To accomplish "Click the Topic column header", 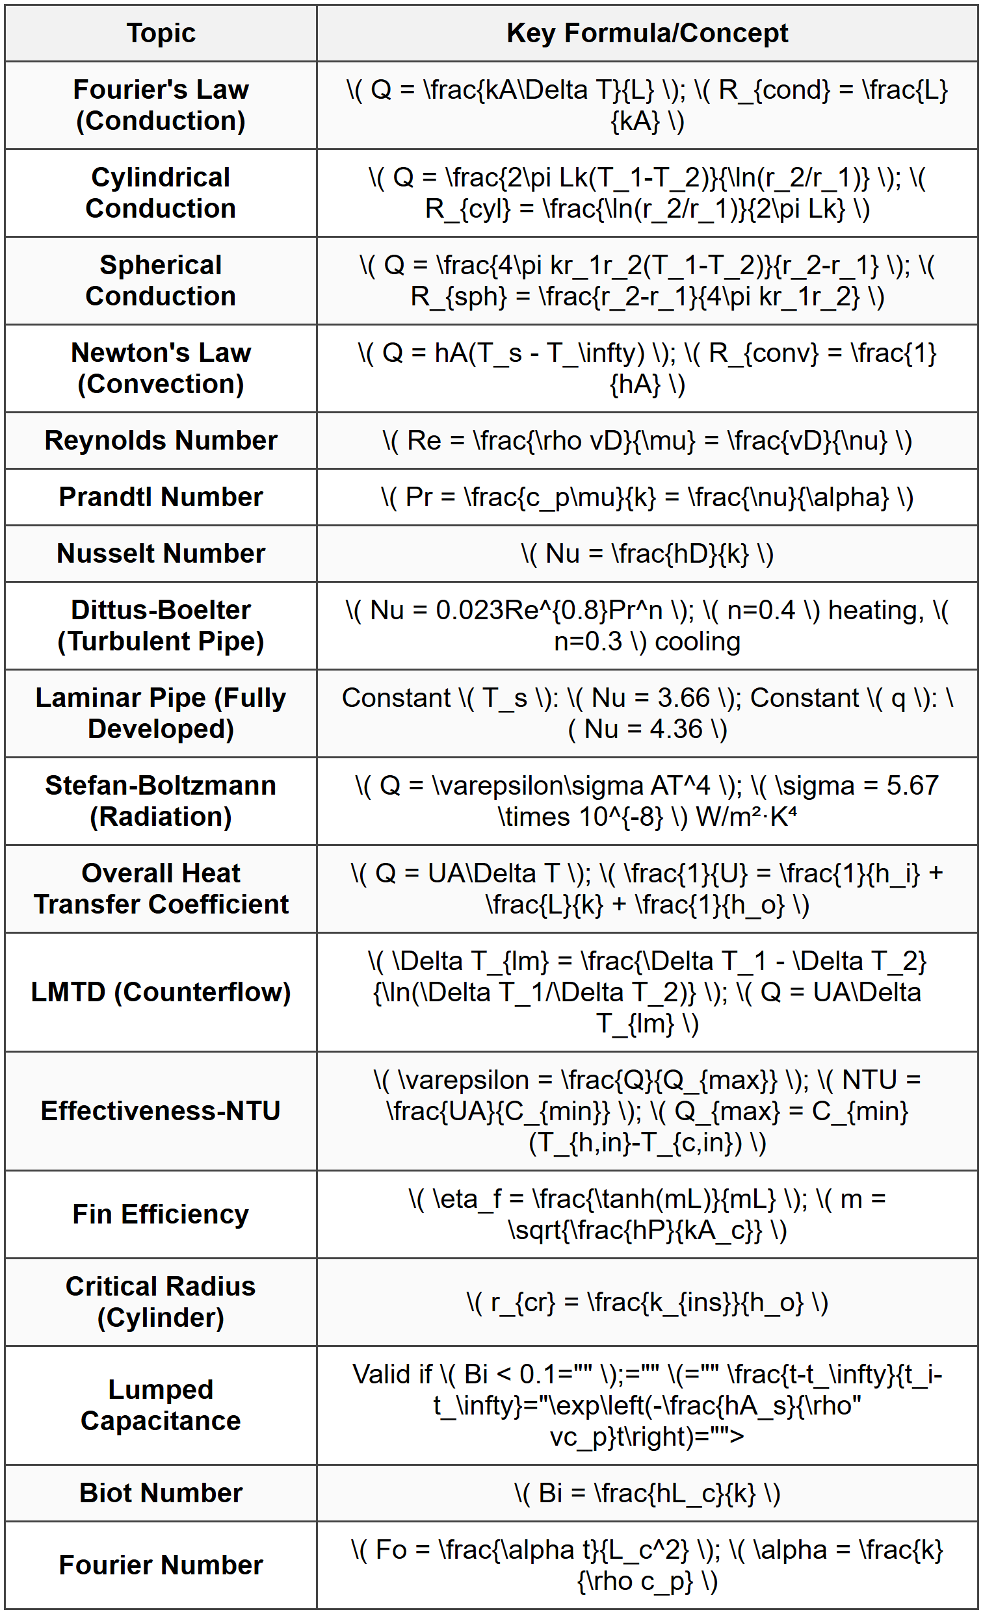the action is coord(161,33).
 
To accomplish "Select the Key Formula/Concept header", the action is coord(647,33).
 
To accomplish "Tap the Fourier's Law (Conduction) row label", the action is coord(161,105).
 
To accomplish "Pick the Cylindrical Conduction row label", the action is coord(161,192).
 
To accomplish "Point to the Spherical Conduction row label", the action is coord(161,280).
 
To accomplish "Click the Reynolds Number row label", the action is coord(161,440).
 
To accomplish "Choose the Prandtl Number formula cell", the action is coord(647,497).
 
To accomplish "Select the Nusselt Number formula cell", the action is coord(647,554).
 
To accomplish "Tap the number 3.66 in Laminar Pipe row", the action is coord(683,698).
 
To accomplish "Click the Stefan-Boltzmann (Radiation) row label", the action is coord(161,801).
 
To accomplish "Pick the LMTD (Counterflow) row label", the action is coord(161,992).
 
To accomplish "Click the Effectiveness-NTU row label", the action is coord(161,1111).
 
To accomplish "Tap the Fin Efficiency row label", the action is coord(161,1214).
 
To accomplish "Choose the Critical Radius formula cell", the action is coord(647,1302).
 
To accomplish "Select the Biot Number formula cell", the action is coord(647,1494).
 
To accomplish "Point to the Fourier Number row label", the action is coord(161,1565).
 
